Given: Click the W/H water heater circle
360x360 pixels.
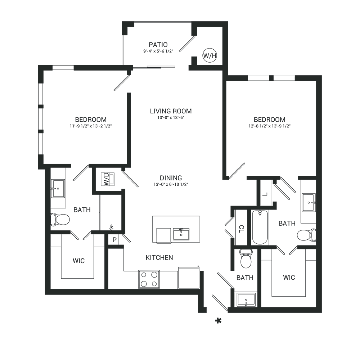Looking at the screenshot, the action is coord(210,55).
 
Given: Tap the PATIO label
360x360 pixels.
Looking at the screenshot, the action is coord(158,45).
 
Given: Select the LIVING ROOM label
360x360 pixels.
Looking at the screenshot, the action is coord(171,111).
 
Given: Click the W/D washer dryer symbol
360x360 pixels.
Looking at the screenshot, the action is coord(108,179).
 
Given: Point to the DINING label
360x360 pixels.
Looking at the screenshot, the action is coord(171,178).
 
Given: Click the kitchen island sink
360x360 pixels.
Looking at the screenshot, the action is coord(181,234).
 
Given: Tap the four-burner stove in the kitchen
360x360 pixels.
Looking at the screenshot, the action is coord(149,279).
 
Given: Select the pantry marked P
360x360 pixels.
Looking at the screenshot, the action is coord(114,240).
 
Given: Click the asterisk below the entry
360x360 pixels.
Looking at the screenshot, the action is coord(219,321).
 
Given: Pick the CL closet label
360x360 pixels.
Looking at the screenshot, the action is coord(241,229).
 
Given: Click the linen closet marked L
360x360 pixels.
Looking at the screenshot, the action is coord(265,194).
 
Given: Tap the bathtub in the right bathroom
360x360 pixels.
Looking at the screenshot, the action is coord(260,227).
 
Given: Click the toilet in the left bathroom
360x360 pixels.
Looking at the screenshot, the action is coord(60,220).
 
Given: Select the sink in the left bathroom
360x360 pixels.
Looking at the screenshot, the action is coord(58,189).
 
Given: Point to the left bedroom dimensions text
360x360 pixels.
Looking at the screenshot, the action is coord(91,126).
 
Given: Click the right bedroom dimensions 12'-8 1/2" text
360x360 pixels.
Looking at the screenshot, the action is coord(270,126).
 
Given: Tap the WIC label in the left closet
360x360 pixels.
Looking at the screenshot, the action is coord(78,261).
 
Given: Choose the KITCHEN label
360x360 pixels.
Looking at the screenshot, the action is coord(159,258).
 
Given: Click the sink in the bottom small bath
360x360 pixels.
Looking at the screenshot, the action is coord(246,300).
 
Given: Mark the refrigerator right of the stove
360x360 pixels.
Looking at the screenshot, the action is coord(189,278).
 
